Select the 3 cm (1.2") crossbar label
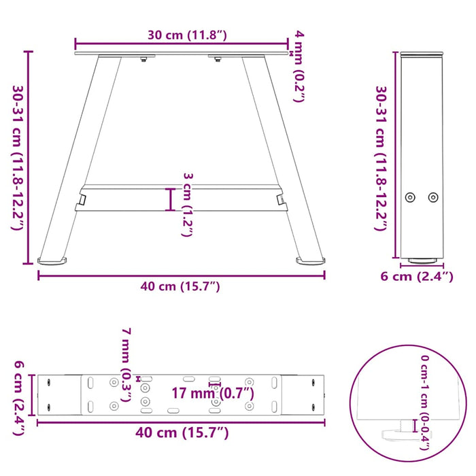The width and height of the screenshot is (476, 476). (188, 204)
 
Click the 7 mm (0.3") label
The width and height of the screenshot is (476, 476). (126, 364)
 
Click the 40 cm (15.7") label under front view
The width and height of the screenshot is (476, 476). (180, 287)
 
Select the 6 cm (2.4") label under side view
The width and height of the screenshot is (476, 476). (416, 277)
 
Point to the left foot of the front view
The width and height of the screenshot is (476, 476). (53, 260)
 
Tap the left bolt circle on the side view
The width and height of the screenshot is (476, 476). (409, 197)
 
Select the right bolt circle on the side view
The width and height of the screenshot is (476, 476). (433, 197)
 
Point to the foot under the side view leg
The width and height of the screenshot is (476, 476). (422, 260)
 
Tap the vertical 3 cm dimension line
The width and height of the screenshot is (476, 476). (171, 199)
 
